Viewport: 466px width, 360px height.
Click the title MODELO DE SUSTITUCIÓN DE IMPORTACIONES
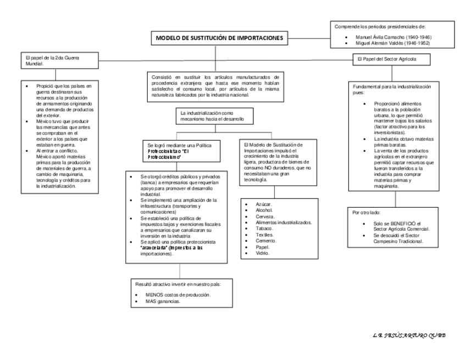pos(219,38)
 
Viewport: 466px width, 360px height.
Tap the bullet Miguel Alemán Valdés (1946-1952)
pos(393,42)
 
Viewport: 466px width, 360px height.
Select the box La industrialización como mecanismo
pos(212,115)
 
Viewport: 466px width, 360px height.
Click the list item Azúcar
pos(264,204)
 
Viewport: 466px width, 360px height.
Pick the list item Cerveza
pos(266,217)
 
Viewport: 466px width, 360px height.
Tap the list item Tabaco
pos(265,229)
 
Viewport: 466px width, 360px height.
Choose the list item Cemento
pos(267,241)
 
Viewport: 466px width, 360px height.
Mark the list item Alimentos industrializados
pos(284,223)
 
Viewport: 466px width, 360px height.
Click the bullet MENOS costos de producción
pos(174,295)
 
